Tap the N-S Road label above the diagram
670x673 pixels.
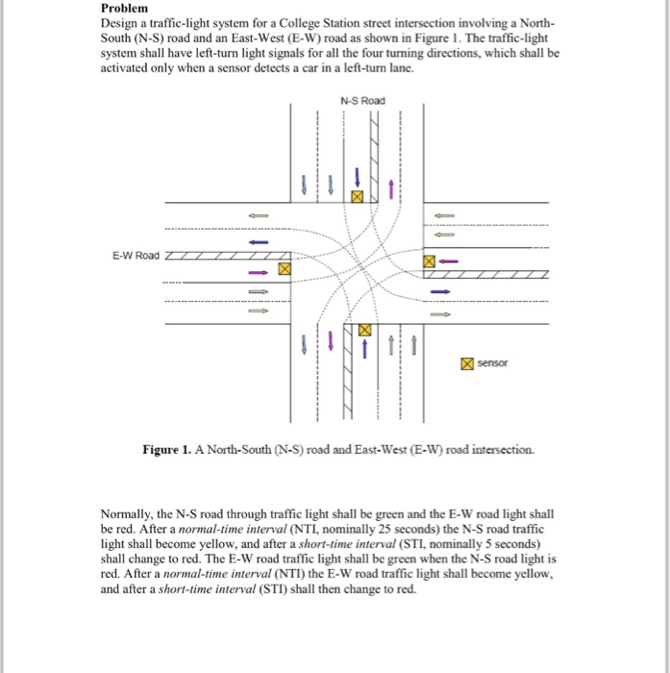pyautogui.click(x=361, y=100)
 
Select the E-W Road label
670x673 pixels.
pyautogui.click(x=136, y=256)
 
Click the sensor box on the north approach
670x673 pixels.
pyautogui.click(x=358, y=196)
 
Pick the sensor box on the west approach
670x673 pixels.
pyautogui.click(x=284, y=270)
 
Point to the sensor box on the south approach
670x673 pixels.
pyautogui.click(x=364, y=330)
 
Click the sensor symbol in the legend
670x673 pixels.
pyautogui.click(x=465, y=363)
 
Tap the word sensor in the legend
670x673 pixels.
pyautogui.click(x=493, y=363)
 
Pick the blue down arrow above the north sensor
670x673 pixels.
pyautogui.click(x=358, y=177)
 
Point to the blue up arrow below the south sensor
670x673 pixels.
pyautogui.click(x=364, y=348)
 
